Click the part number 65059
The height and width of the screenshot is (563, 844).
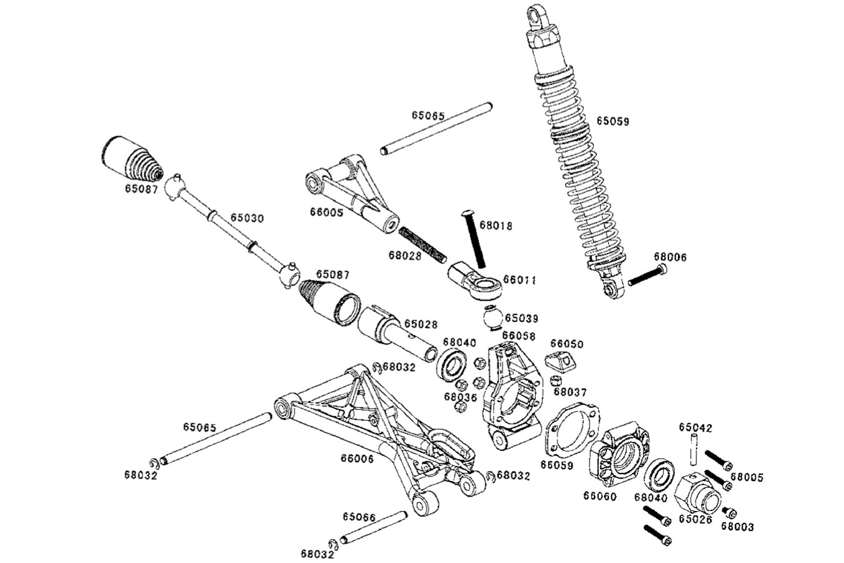coord(612,121)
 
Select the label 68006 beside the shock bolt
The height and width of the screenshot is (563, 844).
coord(670,256)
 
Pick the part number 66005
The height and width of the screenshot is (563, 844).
coord(326,212)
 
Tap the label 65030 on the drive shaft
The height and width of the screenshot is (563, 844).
coord(247,218)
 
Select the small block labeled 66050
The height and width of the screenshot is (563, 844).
coord(560,361)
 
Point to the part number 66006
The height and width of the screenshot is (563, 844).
coord(357,459)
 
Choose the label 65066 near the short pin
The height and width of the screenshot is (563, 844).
coord(359,517)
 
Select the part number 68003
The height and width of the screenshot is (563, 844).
coord(737,527)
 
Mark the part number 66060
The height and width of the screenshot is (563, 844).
coord(600,496)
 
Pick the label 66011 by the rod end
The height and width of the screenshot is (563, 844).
coord(520,280)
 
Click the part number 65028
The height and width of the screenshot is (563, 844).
coord(420,324)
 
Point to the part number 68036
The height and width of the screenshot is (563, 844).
coord(461,397)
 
